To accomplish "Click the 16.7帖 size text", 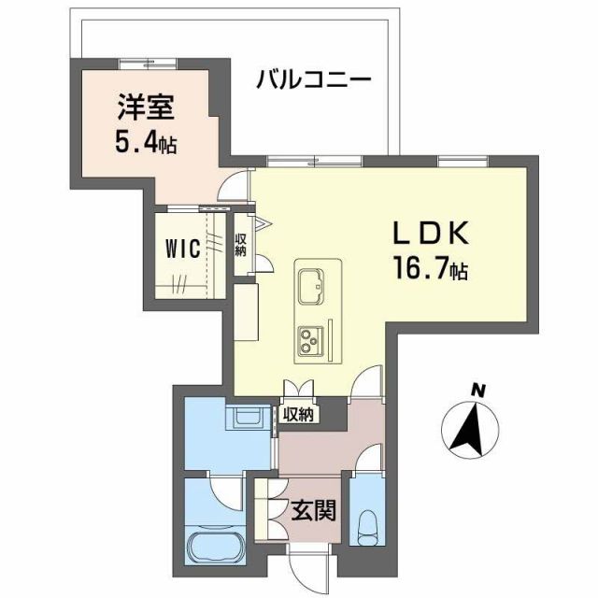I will [430, 272].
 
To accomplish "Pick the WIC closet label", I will [183, 249].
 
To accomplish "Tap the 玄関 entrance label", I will [311, 511].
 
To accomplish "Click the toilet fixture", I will [366, 528].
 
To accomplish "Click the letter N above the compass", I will [478, 390].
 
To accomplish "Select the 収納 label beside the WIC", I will [240, 246].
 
